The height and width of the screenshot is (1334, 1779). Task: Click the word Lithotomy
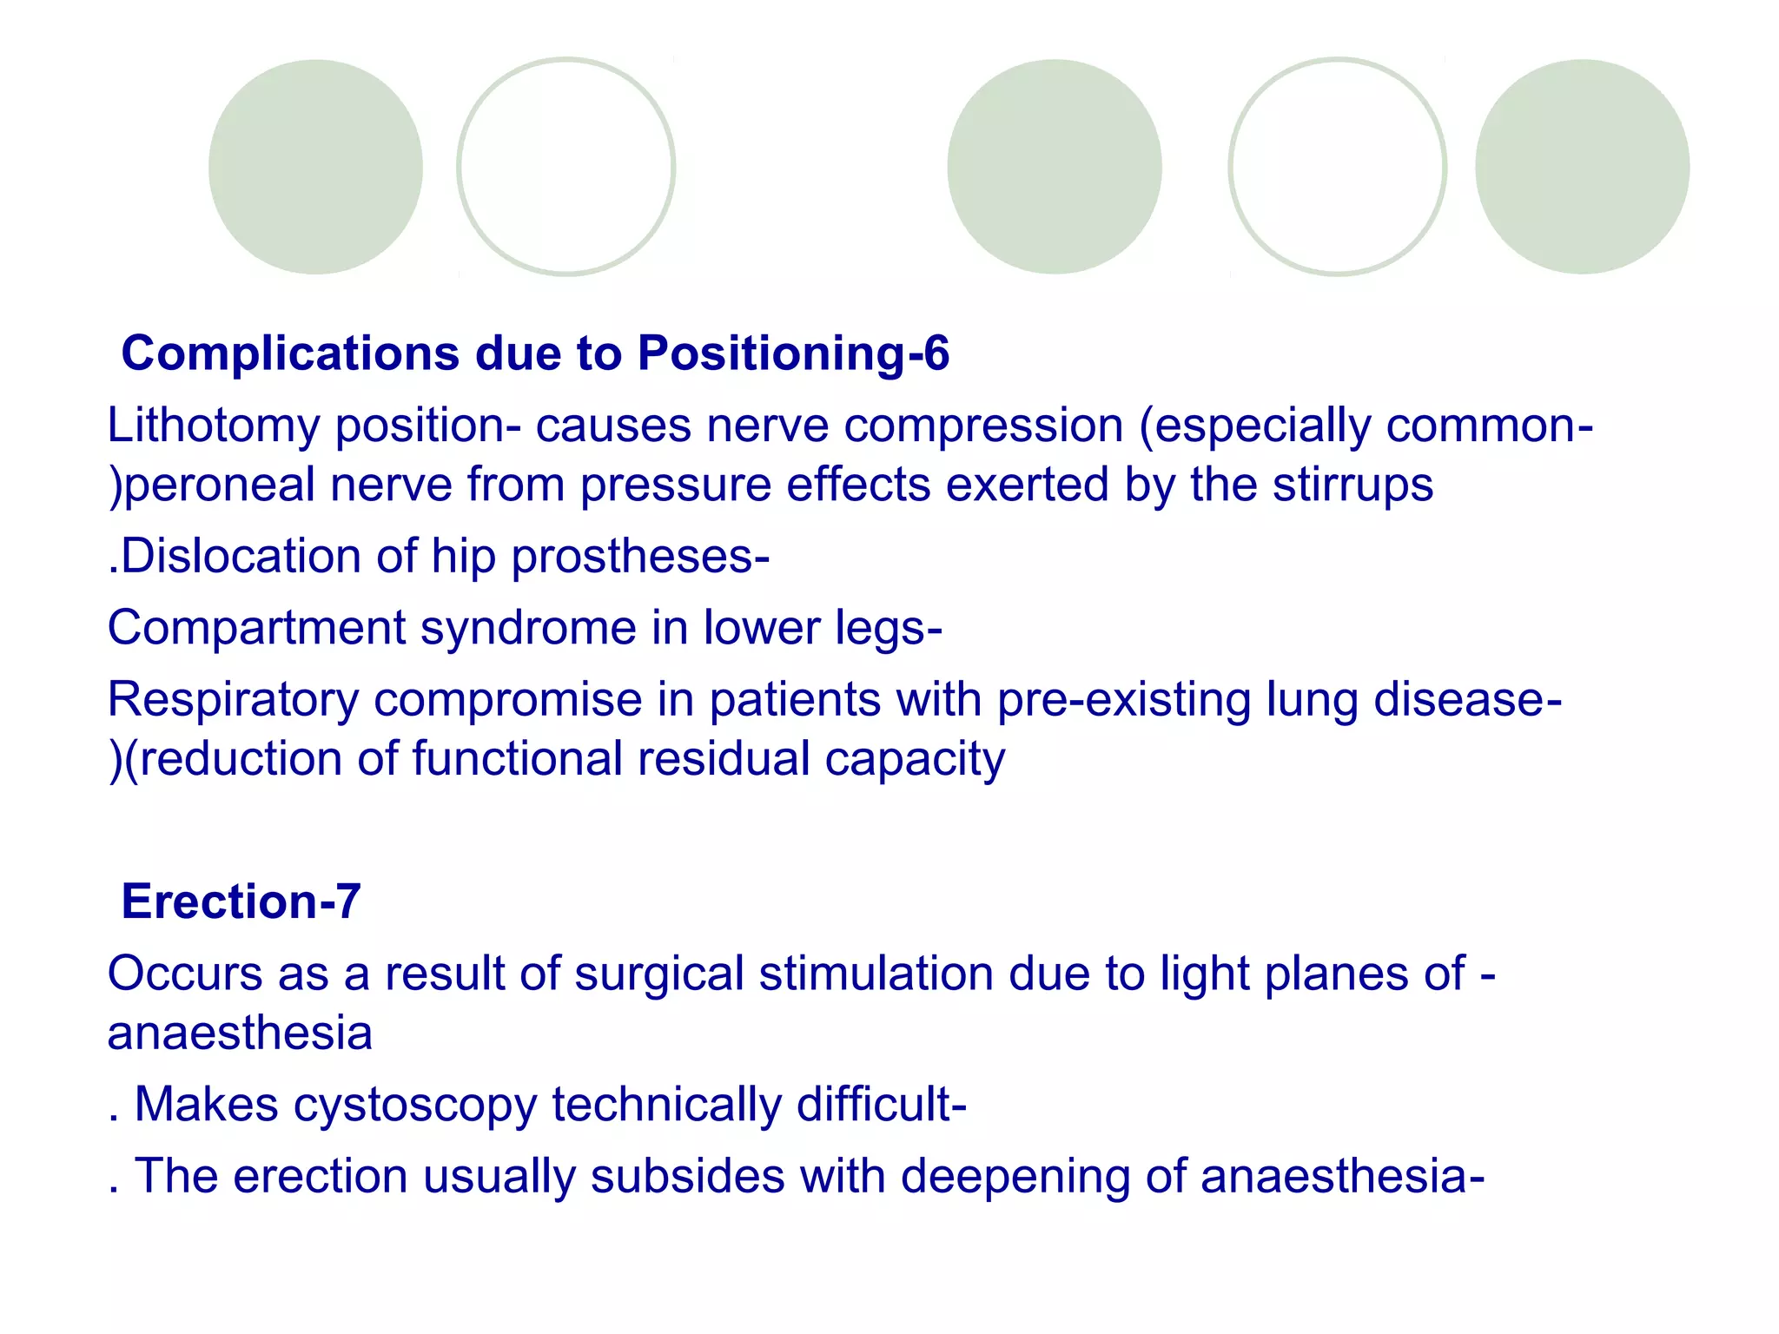[x=213, y=427]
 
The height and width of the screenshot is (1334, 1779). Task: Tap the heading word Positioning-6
[x=793, y=354]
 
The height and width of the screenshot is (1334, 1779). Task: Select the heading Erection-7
[x=241, y=901]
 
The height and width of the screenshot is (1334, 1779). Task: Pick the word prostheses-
[x=640, y=558]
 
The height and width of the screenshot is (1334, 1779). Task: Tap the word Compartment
[x=256, y=628]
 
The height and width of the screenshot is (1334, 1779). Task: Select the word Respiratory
[x=233, y=700]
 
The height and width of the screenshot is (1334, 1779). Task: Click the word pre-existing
[x=1124, y=700]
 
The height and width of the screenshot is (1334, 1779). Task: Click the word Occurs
[x=184, y=974]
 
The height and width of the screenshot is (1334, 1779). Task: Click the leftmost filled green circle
[x=315, y=167]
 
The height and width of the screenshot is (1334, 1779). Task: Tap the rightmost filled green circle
[x=1582, y=167]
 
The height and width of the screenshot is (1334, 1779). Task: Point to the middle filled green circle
[x=1054, y=167]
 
